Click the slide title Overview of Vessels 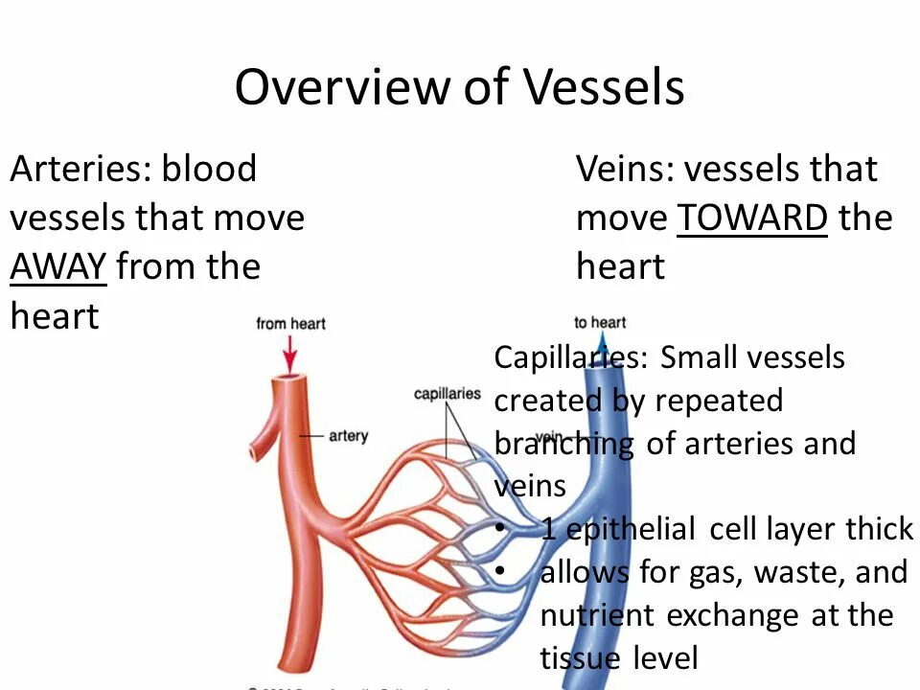pos(459,88)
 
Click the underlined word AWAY pos(57,265)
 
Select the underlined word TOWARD pos(752,218)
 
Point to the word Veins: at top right pos(625,170)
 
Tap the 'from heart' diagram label pos(290,324)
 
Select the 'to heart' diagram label pos(600,322)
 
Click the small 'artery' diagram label pos(348,436)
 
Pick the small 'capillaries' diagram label pos(448,394)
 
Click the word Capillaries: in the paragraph pos(570,357)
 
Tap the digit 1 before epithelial pos(548,528)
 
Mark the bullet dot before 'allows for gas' pos(500,572)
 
